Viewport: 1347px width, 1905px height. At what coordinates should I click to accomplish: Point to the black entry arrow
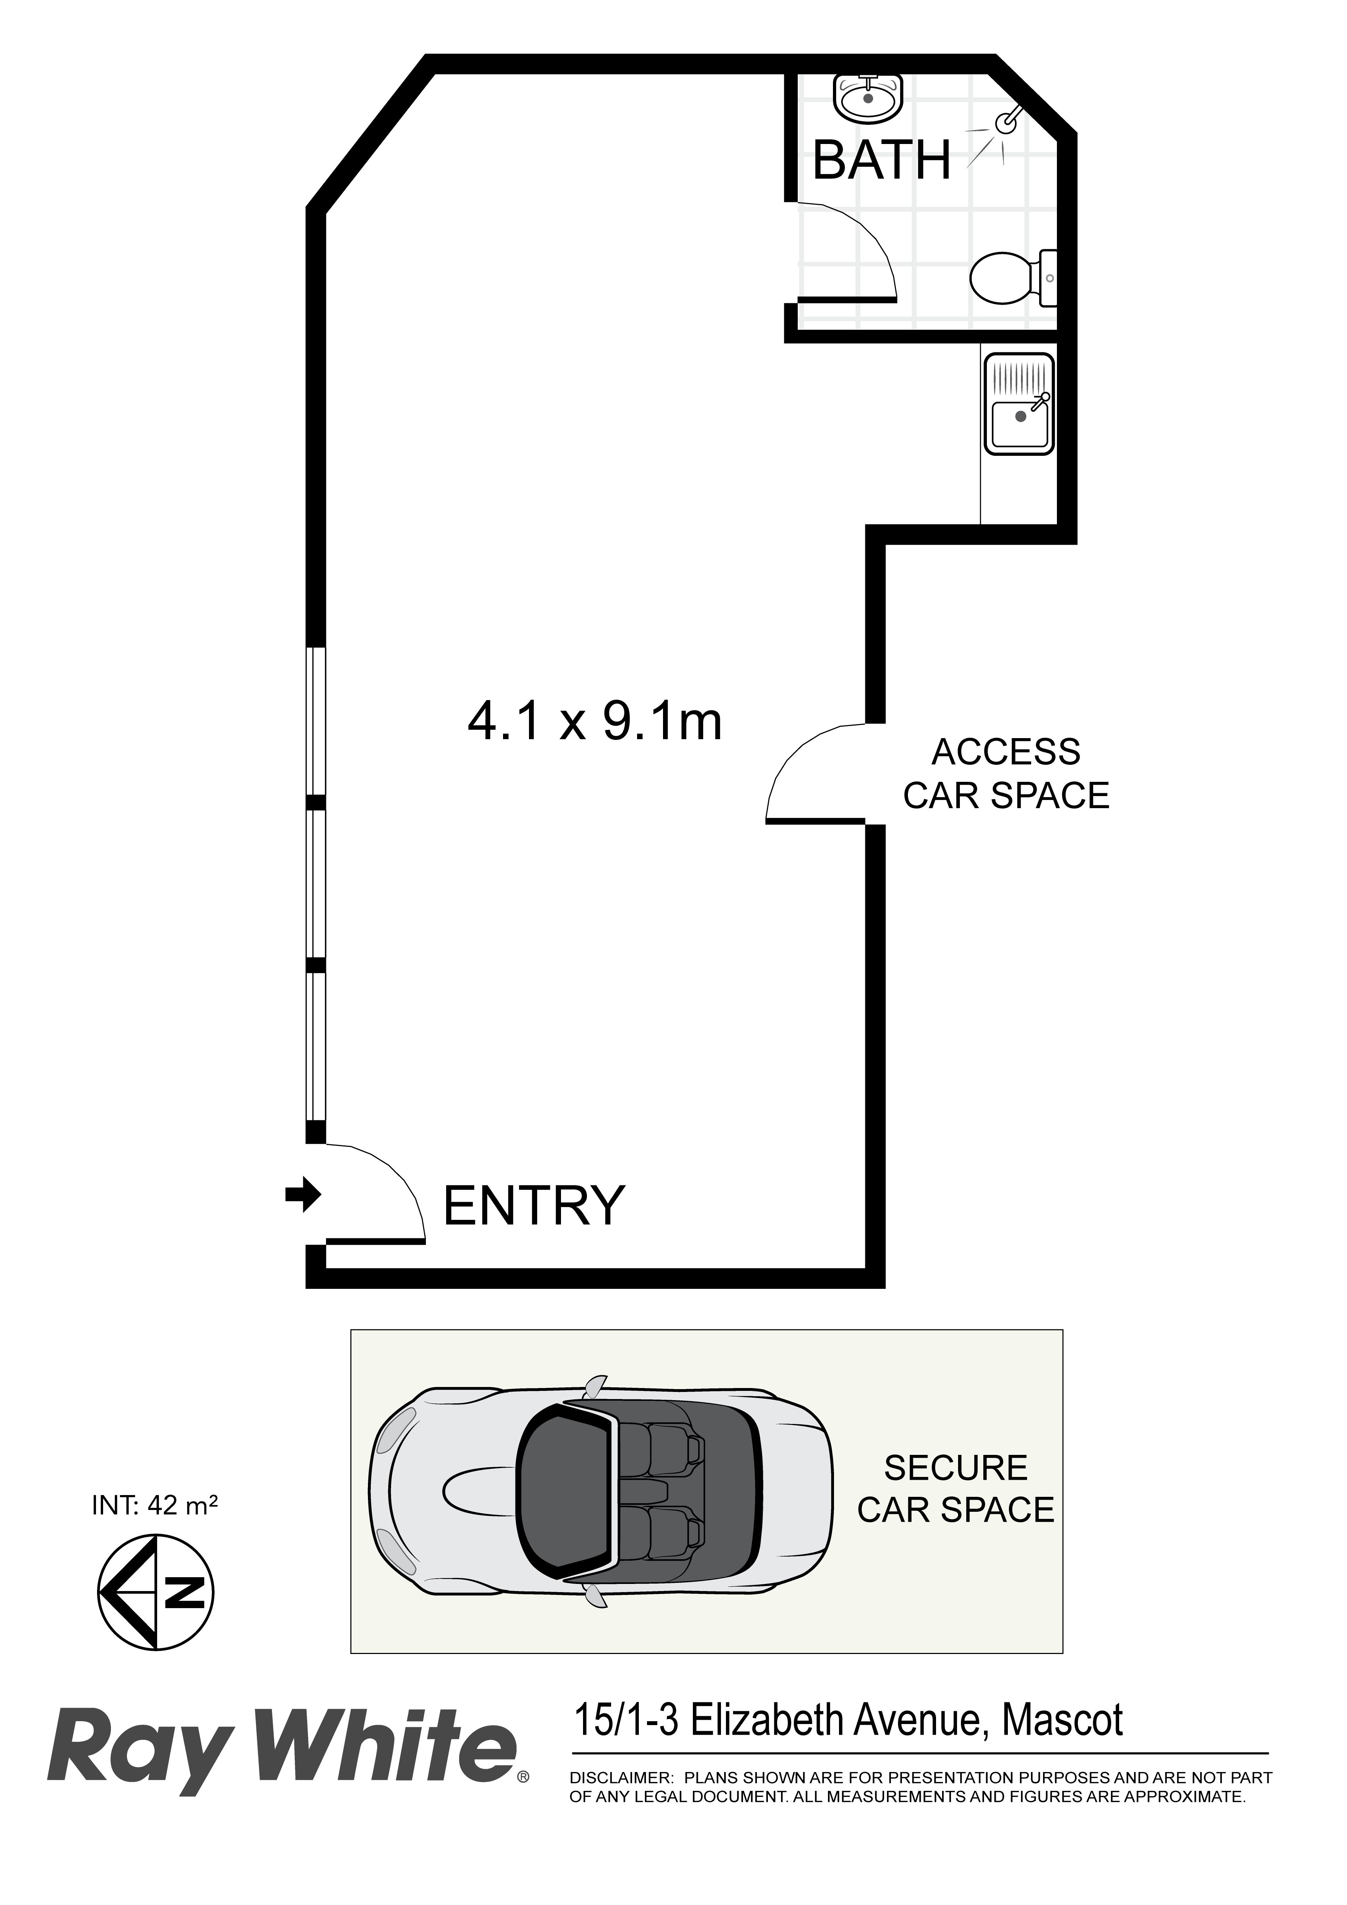pyautogui.click(x=303, y=1195)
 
